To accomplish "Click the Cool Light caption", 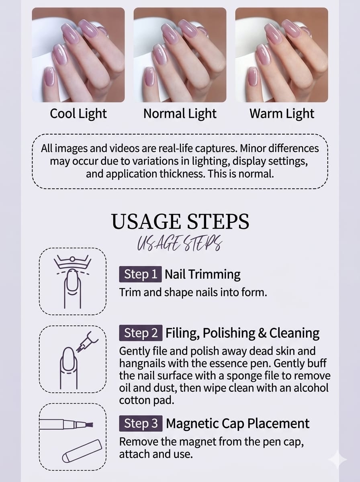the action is (x=78, y=114).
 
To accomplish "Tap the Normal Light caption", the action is (x=180, y=114).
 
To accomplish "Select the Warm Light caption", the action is (x=282, y=114).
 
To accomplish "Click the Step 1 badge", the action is (x=140, y=274).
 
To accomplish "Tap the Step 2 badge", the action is (x=141, y=333).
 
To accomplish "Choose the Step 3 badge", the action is (x=141, y=423).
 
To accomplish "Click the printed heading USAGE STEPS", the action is (x=180, y=222).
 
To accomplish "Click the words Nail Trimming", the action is (x=202, y=274).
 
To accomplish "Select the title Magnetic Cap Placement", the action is (x=238, y=423).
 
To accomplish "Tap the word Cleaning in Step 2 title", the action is (x=295, y=333).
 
